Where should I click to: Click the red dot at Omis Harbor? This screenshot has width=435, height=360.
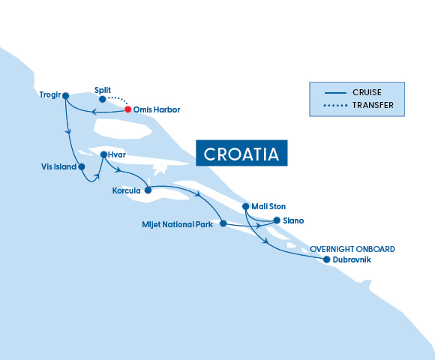[x=127, y=109]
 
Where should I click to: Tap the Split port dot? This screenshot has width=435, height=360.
[x=103, y=98]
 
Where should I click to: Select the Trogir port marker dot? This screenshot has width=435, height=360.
[x=66, y=96]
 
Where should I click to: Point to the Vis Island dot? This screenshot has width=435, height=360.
[x=82, y=166]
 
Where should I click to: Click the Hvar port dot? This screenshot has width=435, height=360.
[x=103, y=154]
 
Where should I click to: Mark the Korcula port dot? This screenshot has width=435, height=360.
[x=148, y=190]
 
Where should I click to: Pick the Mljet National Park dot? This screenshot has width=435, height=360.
[x=223, y=223]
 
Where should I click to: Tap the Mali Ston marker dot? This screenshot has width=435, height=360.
[x=246, y=206]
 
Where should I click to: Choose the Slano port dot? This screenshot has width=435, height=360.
[x=277, y=220]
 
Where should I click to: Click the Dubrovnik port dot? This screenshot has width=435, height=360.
[x=326, y=259]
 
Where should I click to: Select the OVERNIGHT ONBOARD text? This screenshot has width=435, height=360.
[x=352, y=249]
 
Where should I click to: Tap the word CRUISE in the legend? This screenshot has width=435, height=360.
[x=367, y=92]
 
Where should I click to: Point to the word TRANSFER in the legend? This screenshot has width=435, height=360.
[x=373, y=106]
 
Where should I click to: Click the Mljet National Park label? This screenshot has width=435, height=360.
[x=178, y=224]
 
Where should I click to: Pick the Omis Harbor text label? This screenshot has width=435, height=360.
[x=157, y=110]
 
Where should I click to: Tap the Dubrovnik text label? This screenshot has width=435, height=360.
[x=352, y=260]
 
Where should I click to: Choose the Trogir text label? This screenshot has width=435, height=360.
[x=49, y=96]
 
